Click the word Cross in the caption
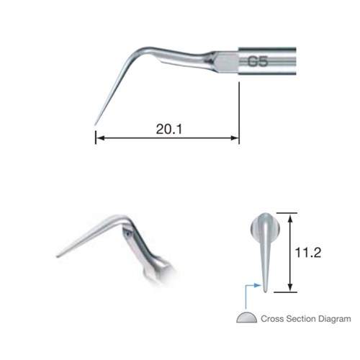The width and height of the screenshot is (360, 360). (x=274, y=318)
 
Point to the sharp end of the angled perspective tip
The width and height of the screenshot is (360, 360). (x=57, y=256)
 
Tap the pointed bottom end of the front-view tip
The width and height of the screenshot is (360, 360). (x=267, y=292)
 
